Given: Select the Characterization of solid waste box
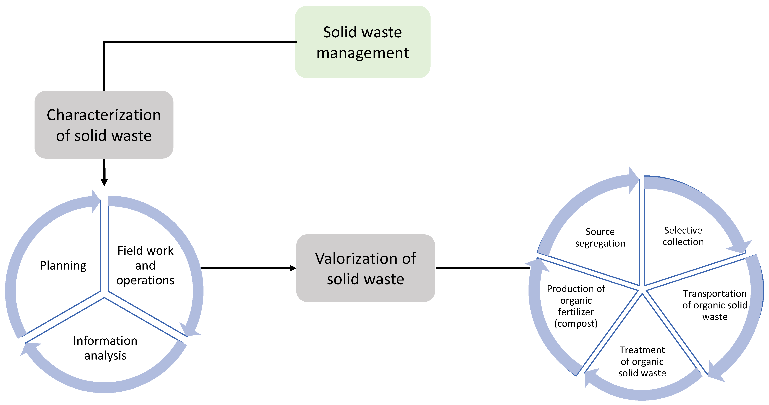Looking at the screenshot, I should (x=104, y=125).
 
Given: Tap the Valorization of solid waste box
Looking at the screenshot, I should (x=365, y=268).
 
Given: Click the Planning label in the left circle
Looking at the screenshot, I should (x=63, y=265).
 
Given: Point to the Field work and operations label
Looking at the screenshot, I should (x=145, y=265).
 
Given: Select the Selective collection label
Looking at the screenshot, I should (x=683, y=236).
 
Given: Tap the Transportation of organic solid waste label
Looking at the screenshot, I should (x=715, y=305).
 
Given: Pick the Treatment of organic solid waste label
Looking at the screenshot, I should (x=642, y=361).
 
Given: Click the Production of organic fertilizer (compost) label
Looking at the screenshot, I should (x=576, y=306).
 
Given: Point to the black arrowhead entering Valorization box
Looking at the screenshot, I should (x=293, y=268).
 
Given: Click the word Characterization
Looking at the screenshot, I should (x=104, y=115).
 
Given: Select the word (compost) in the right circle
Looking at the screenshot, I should (x=576, y=323).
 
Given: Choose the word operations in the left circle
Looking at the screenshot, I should (x=145, y=280).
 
